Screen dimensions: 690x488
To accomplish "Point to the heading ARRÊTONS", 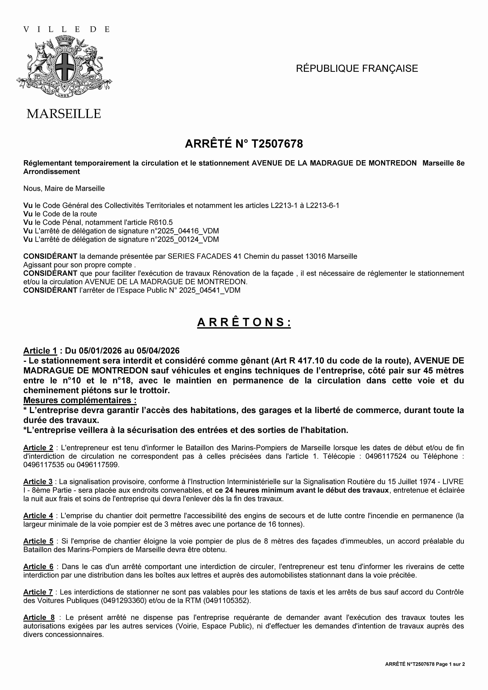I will pyautogui.click(x=244, y=322).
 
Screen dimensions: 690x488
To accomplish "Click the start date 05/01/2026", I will pyautogui.click(x=100, y=351).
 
